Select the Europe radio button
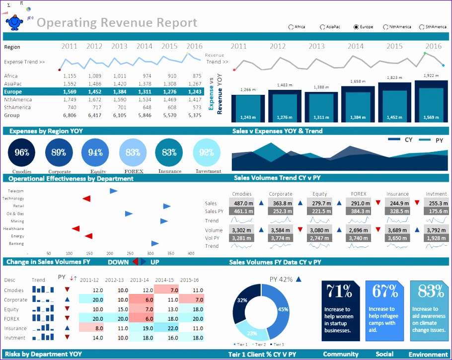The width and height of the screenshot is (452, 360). point(356,27)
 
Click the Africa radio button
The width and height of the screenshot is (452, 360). point(291,27)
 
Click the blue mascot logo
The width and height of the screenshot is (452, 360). point(15,22)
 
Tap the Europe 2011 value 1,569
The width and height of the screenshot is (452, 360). point(70,92)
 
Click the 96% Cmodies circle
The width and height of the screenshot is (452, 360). point(22,153)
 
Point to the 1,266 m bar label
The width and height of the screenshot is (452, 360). point(247,90)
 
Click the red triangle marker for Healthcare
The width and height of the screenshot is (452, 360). point(75,228)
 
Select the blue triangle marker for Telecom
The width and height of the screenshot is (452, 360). point(114,191)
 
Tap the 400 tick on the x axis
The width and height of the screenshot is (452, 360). point(191,253)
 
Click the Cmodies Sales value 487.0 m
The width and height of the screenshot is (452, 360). point(244,203)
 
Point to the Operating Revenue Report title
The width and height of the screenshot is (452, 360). point(117,23)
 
